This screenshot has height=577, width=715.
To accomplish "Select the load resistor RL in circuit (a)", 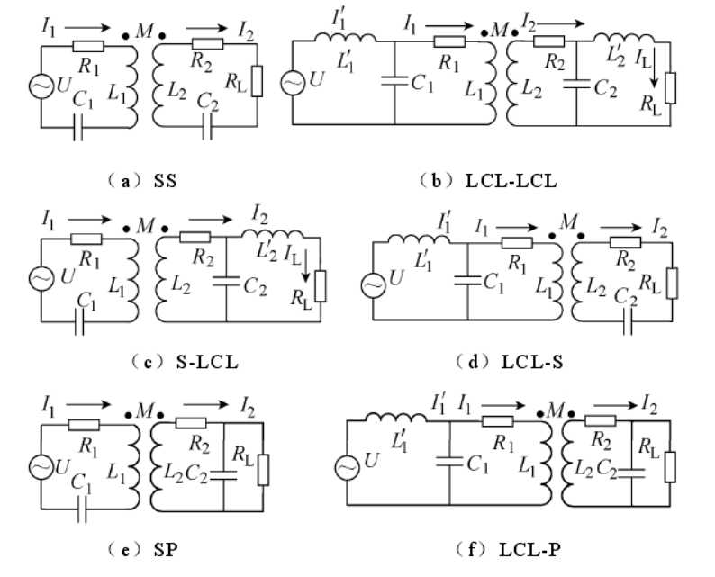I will pos(258,81).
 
